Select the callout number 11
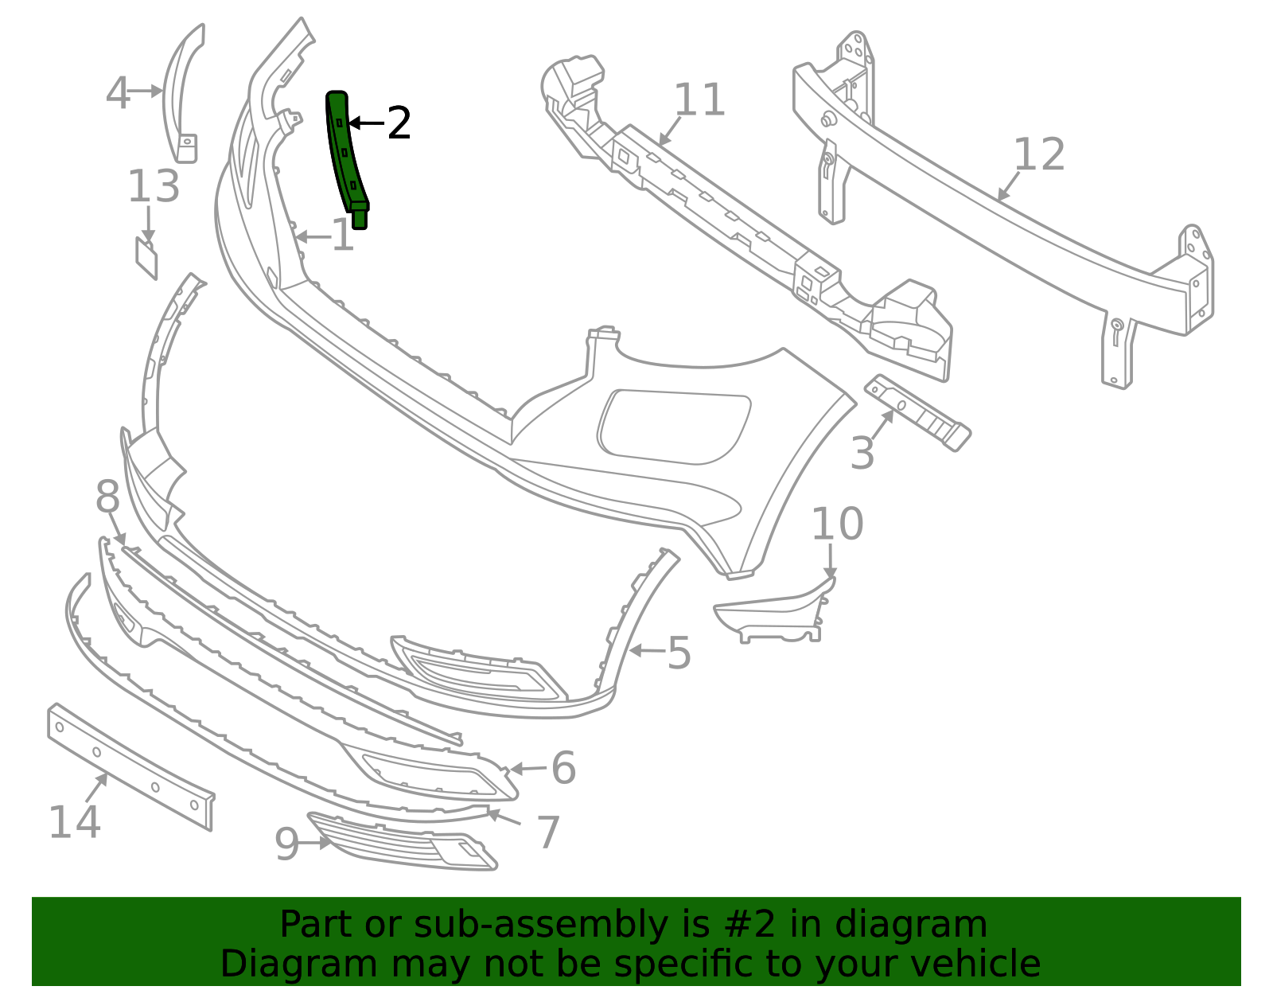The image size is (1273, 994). coord(699,99)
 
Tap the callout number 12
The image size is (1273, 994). coord(1038,154)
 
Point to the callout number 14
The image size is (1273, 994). coord(75,822)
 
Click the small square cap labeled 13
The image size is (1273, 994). coord(146,258)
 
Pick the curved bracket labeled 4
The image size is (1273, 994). coord(181,94)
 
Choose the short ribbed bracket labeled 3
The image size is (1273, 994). coord(918,412)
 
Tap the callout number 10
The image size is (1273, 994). coord(837,524)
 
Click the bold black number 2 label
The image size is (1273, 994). coord(399,123)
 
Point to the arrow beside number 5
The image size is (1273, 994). coord(648,650)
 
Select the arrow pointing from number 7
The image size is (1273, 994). coord(504,817)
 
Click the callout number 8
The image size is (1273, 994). coord(107,497)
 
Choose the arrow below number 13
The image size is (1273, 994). coord(148,224)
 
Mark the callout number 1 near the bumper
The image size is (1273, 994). coord(343,236)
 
